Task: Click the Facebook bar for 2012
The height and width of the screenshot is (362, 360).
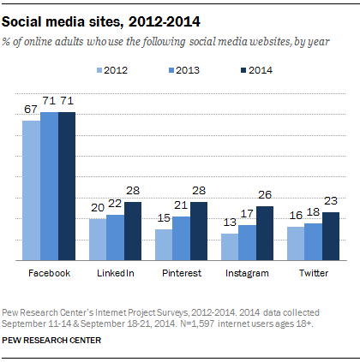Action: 31,190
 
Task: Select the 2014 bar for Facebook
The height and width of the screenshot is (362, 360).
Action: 66,186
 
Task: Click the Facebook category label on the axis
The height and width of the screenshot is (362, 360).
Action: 49,273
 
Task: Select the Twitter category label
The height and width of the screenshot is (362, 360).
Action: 314,273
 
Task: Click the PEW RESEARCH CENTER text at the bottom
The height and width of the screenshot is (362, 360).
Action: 51,340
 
